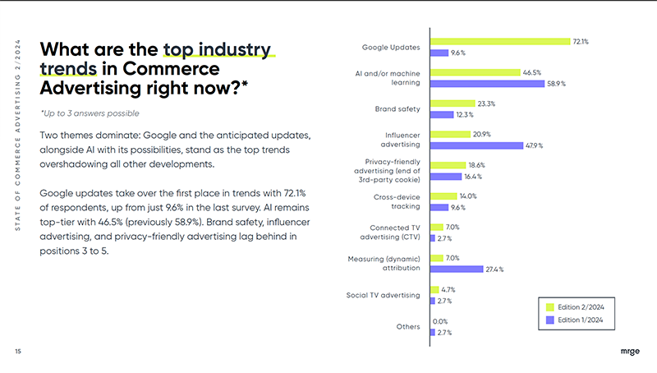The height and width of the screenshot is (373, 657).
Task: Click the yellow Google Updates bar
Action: pyautogui.click(x=500, y=41)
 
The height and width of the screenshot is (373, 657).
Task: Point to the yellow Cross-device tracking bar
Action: pyautogui.click(x=443, y=196)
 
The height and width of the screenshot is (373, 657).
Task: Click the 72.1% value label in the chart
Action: pyautogui.click(x=580, y=41)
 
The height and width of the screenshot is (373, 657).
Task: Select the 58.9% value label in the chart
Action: pyautogui.click(x=556, y=84)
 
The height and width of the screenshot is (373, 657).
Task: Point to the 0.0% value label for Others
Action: pyautogui.click(x=440, y=321)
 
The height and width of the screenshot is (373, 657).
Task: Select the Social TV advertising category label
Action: pyautogui.click(x=383, y=295)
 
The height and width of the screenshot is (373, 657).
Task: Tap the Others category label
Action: pyautogui.click(x=408, y=326)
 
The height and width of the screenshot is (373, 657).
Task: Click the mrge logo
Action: pyautogui.click(x=628, y=352)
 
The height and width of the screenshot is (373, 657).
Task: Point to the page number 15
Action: pyautogui.click(x=18, y=352)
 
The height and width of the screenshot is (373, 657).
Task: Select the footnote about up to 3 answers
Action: pyautogui.click(x=90, y=113)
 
